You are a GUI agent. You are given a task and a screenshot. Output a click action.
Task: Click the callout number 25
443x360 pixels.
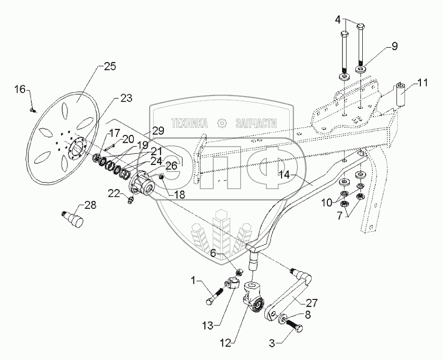click(110, 66)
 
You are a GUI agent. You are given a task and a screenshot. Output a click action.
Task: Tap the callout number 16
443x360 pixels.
click(20, 90)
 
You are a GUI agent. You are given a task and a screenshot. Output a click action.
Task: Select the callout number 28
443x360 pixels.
click(91, 205)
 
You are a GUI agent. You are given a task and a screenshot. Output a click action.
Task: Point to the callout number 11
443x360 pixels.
click(422, 83)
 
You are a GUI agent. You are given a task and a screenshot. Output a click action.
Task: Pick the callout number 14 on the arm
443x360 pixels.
click(285, 175)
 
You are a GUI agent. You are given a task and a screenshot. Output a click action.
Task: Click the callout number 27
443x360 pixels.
click(312, 303)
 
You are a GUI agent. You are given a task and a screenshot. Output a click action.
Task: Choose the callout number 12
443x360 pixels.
click(226, 343)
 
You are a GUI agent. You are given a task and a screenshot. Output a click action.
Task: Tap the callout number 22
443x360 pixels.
click(114, 193)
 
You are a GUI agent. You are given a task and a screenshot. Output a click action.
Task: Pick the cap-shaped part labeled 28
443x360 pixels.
click(74, 219)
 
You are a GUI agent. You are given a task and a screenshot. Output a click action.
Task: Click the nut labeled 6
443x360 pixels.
click(239, 273)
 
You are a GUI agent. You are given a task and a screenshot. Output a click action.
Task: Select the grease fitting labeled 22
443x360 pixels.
click(131, 200)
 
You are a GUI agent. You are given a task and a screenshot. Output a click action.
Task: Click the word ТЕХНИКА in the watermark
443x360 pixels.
click(190, 123)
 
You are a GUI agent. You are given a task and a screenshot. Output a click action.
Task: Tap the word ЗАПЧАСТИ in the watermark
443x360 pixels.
click(256, 123)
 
